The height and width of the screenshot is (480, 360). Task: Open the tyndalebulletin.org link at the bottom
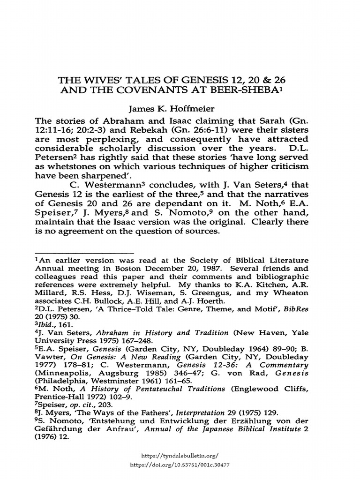pyautogui.click(x=179, y=455)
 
